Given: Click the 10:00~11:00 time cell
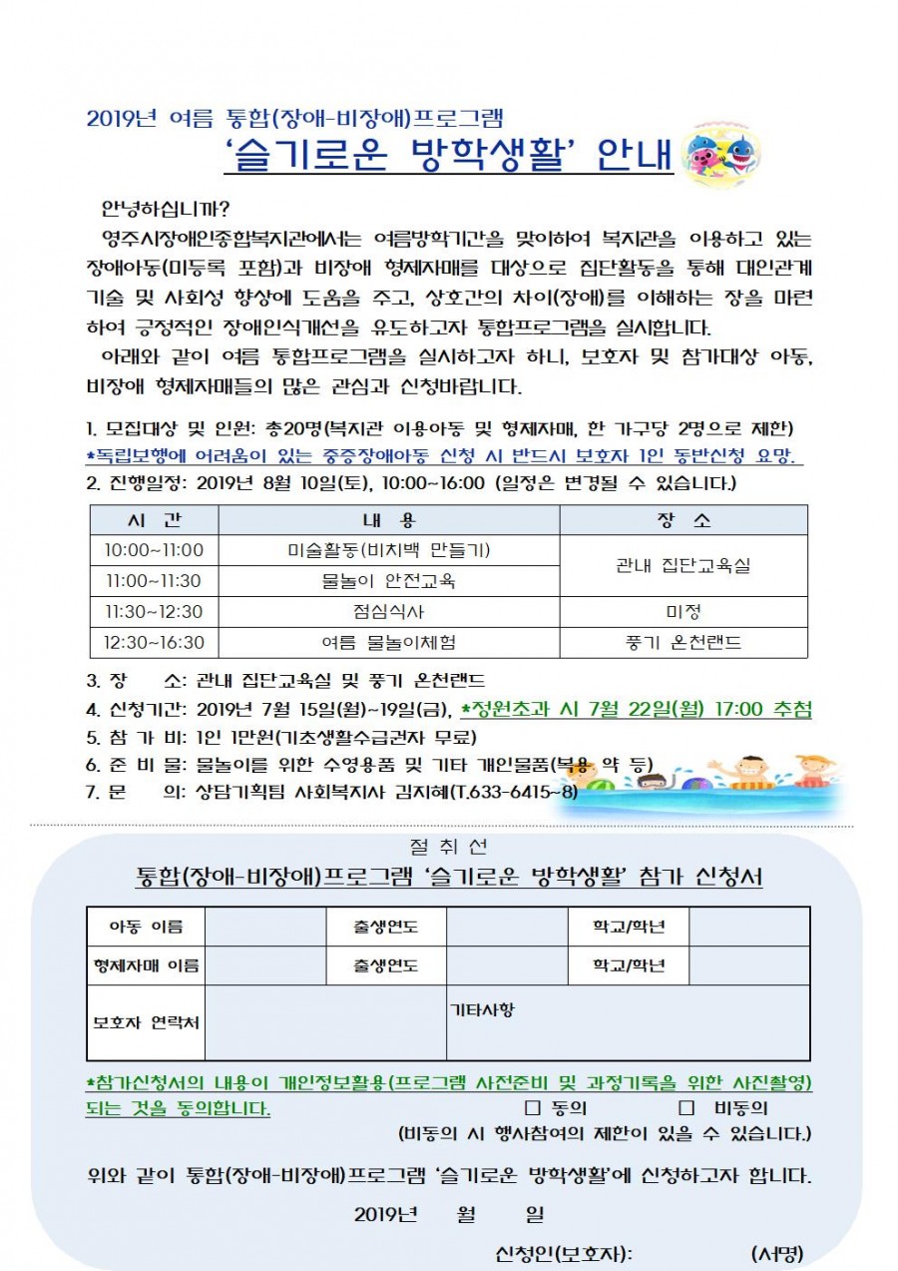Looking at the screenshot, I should [154, 550].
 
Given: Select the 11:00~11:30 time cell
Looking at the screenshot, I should [154, 581].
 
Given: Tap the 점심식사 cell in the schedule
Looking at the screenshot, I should [388, 612].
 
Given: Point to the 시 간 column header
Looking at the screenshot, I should [154, 521].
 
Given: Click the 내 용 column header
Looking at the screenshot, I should [388, 521].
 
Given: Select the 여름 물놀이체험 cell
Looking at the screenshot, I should [388, 643].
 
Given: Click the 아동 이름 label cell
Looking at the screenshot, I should [146, 928].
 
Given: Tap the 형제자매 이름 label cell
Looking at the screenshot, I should [146, 965].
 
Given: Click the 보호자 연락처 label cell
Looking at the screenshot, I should [146, 1023].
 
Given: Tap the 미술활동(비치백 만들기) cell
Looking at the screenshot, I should [388, 550].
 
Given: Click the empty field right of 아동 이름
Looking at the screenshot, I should [265, 928].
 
